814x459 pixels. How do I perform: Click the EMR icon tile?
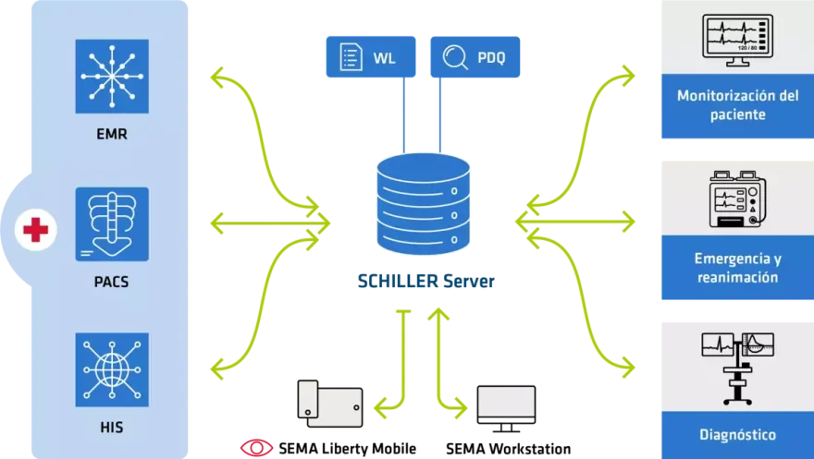(112, 76)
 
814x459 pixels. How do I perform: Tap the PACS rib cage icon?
(112, 224)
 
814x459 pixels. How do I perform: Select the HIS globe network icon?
(112, 370)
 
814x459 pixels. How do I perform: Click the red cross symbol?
(35, 229)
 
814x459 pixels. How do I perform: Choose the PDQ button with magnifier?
(476, 58)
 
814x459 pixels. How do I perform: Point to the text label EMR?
(112, 135)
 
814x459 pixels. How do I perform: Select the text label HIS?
(112, 429)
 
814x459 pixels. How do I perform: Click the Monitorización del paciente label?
(736, 105)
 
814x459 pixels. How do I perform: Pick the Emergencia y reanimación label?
(736, 267)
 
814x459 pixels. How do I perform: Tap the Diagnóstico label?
(736, 434)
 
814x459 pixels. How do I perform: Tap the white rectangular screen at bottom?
(507, 403)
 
